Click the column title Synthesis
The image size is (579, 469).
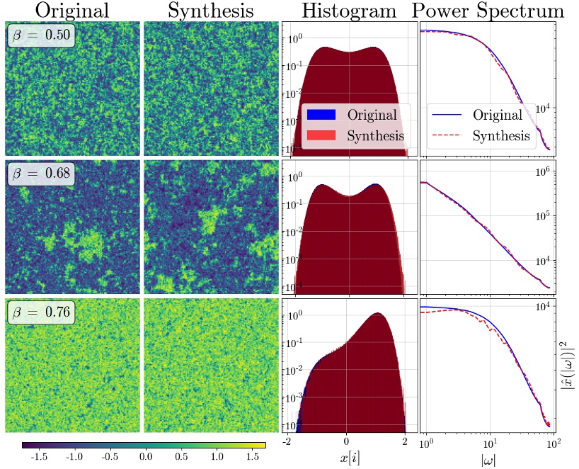tap(210, 11)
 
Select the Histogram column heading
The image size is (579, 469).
tap(349, 11)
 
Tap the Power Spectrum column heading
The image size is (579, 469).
tap(488, 11)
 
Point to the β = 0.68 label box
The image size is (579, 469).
tap(42, 174)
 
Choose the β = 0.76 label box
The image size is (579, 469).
tap(42, 312)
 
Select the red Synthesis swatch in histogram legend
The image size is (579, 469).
tap(319, 135)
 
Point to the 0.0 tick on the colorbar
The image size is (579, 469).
tap(146, 457)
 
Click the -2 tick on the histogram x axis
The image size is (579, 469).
tap(287, 442)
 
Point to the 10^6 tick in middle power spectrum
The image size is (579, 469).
tap(544, 171)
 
